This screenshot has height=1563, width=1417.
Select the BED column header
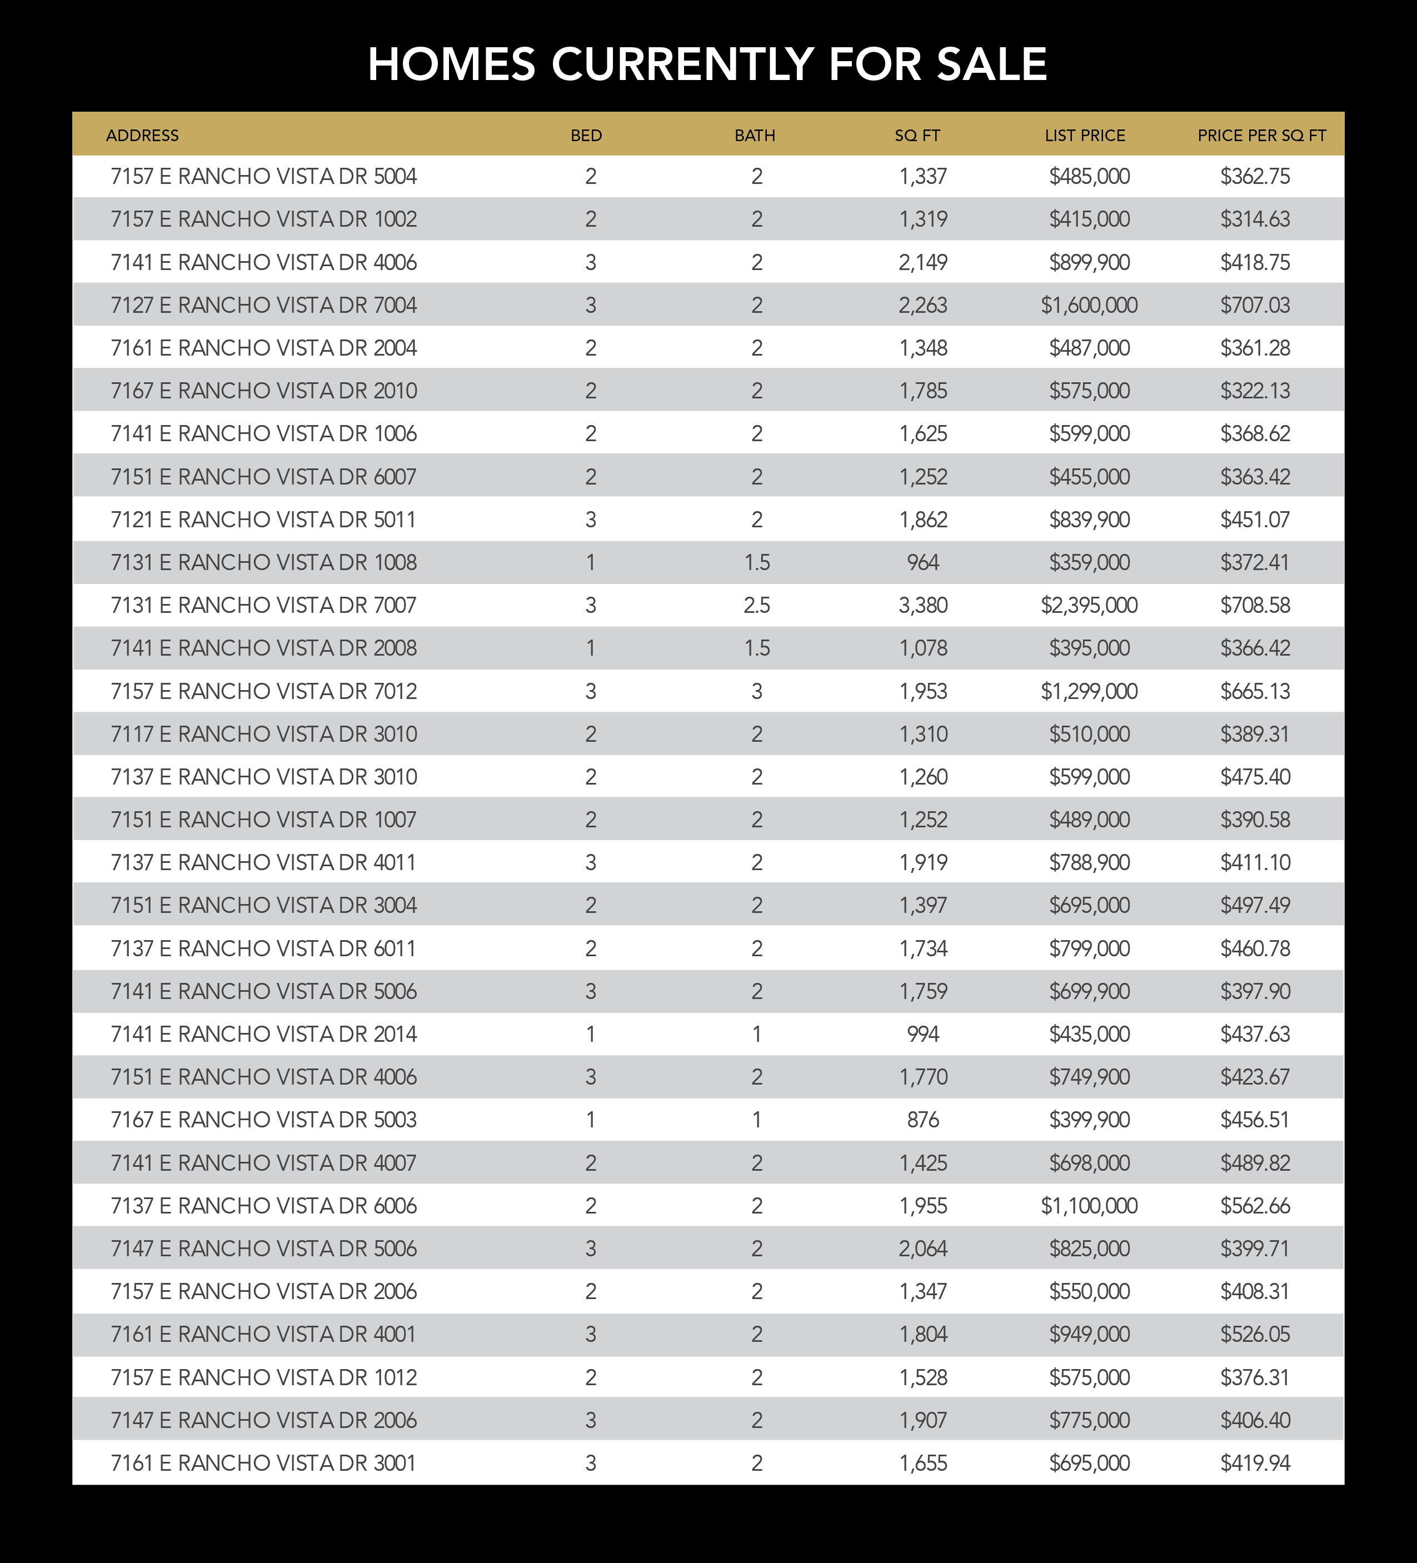pyautogui.click(x=586, y=136)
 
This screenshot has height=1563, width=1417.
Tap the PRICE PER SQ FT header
pyautogui.click(x=1261, y=136)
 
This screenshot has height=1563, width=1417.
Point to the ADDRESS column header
pyautogui.click(x=143, y=136)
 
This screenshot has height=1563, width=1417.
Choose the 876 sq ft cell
pyautogui.click(x=922, y=1120)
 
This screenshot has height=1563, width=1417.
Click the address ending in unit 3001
pyautogui.click(x=263, y=1463)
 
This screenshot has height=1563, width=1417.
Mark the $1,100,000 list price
pyautogui.click(x=1089, y=1206)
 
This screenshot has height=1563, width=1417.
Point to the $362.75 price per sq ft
pyautogui.click(x=1255, y=177)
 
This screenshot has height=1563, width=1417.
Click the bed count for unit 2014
pyautogui.click(x=591, y=1034)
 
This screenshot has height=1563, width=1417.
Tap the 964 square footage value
pyautogui.click(x=922, y=563)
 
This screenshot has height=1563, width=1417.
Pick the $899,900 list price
pyautogui.click(x=1089, y=263)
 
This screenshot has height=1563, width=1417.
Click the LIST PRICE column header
pyautogui.click(x=1085, y=136)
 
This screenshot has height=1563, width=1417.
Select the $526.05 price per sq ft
pyautogui.click(x=1255, y=1334)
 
